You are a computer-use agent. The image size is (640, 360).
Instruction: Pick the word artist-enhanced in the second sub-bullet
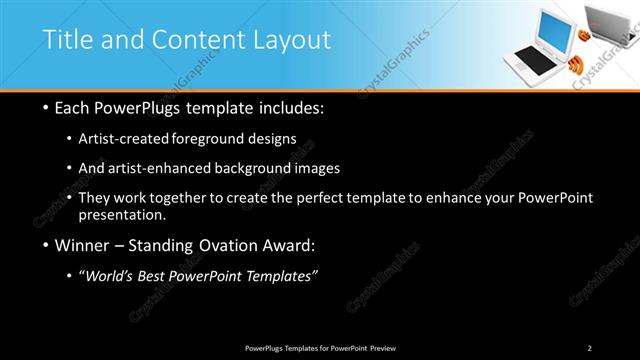(x=175, y=168)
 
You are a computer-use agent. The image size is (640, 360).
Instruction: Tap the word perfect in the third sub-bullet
(x=342, y=197)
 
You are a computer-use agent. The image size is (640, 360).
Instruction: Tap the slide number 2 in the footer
(x=590, y=348)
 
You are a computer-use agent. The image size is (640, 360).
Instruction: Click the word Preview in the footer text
(x=380, y=348)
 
